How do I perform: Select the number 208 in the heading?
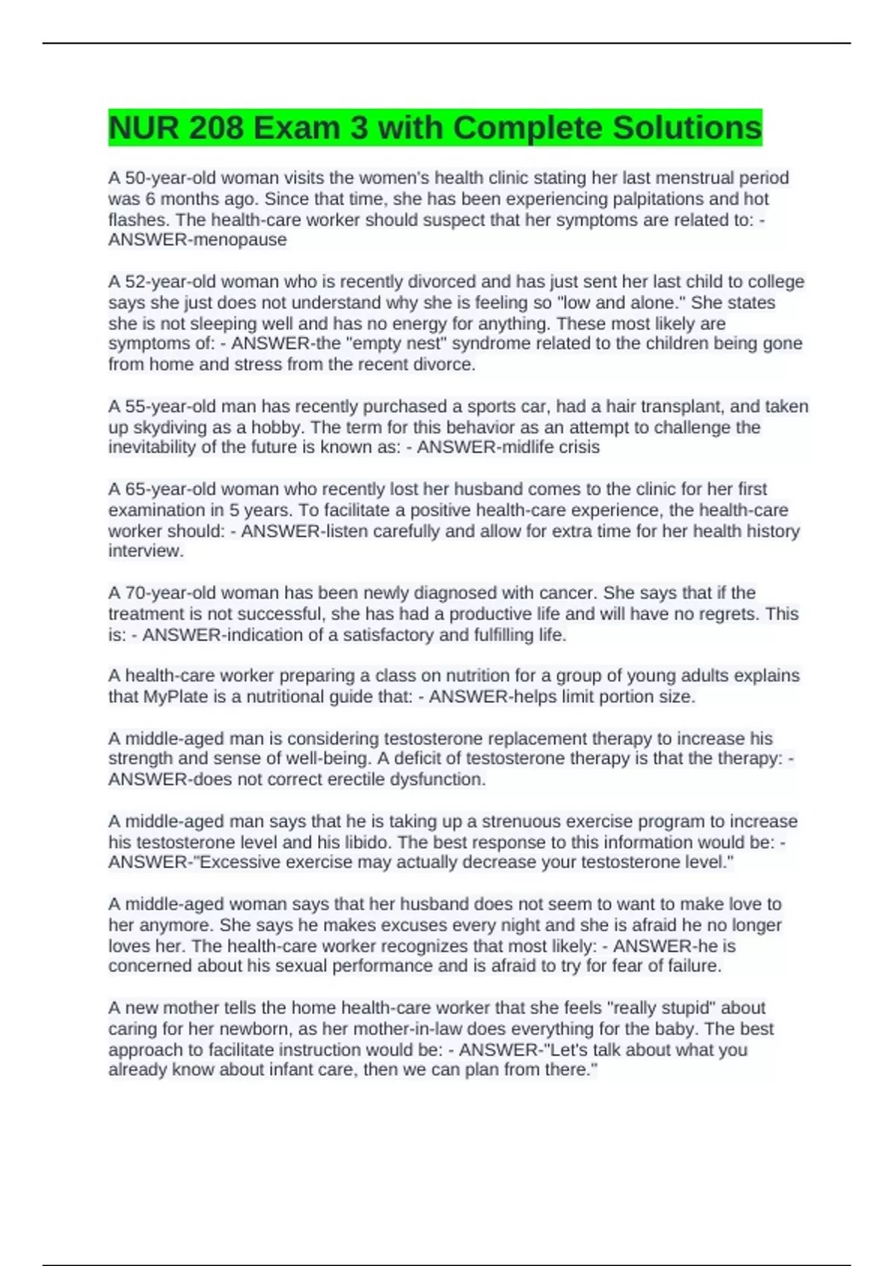[x=216, y=128]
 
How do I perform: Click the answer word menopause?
[x=240, y=240]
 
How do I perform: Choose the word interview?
[x=145, y=551]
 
